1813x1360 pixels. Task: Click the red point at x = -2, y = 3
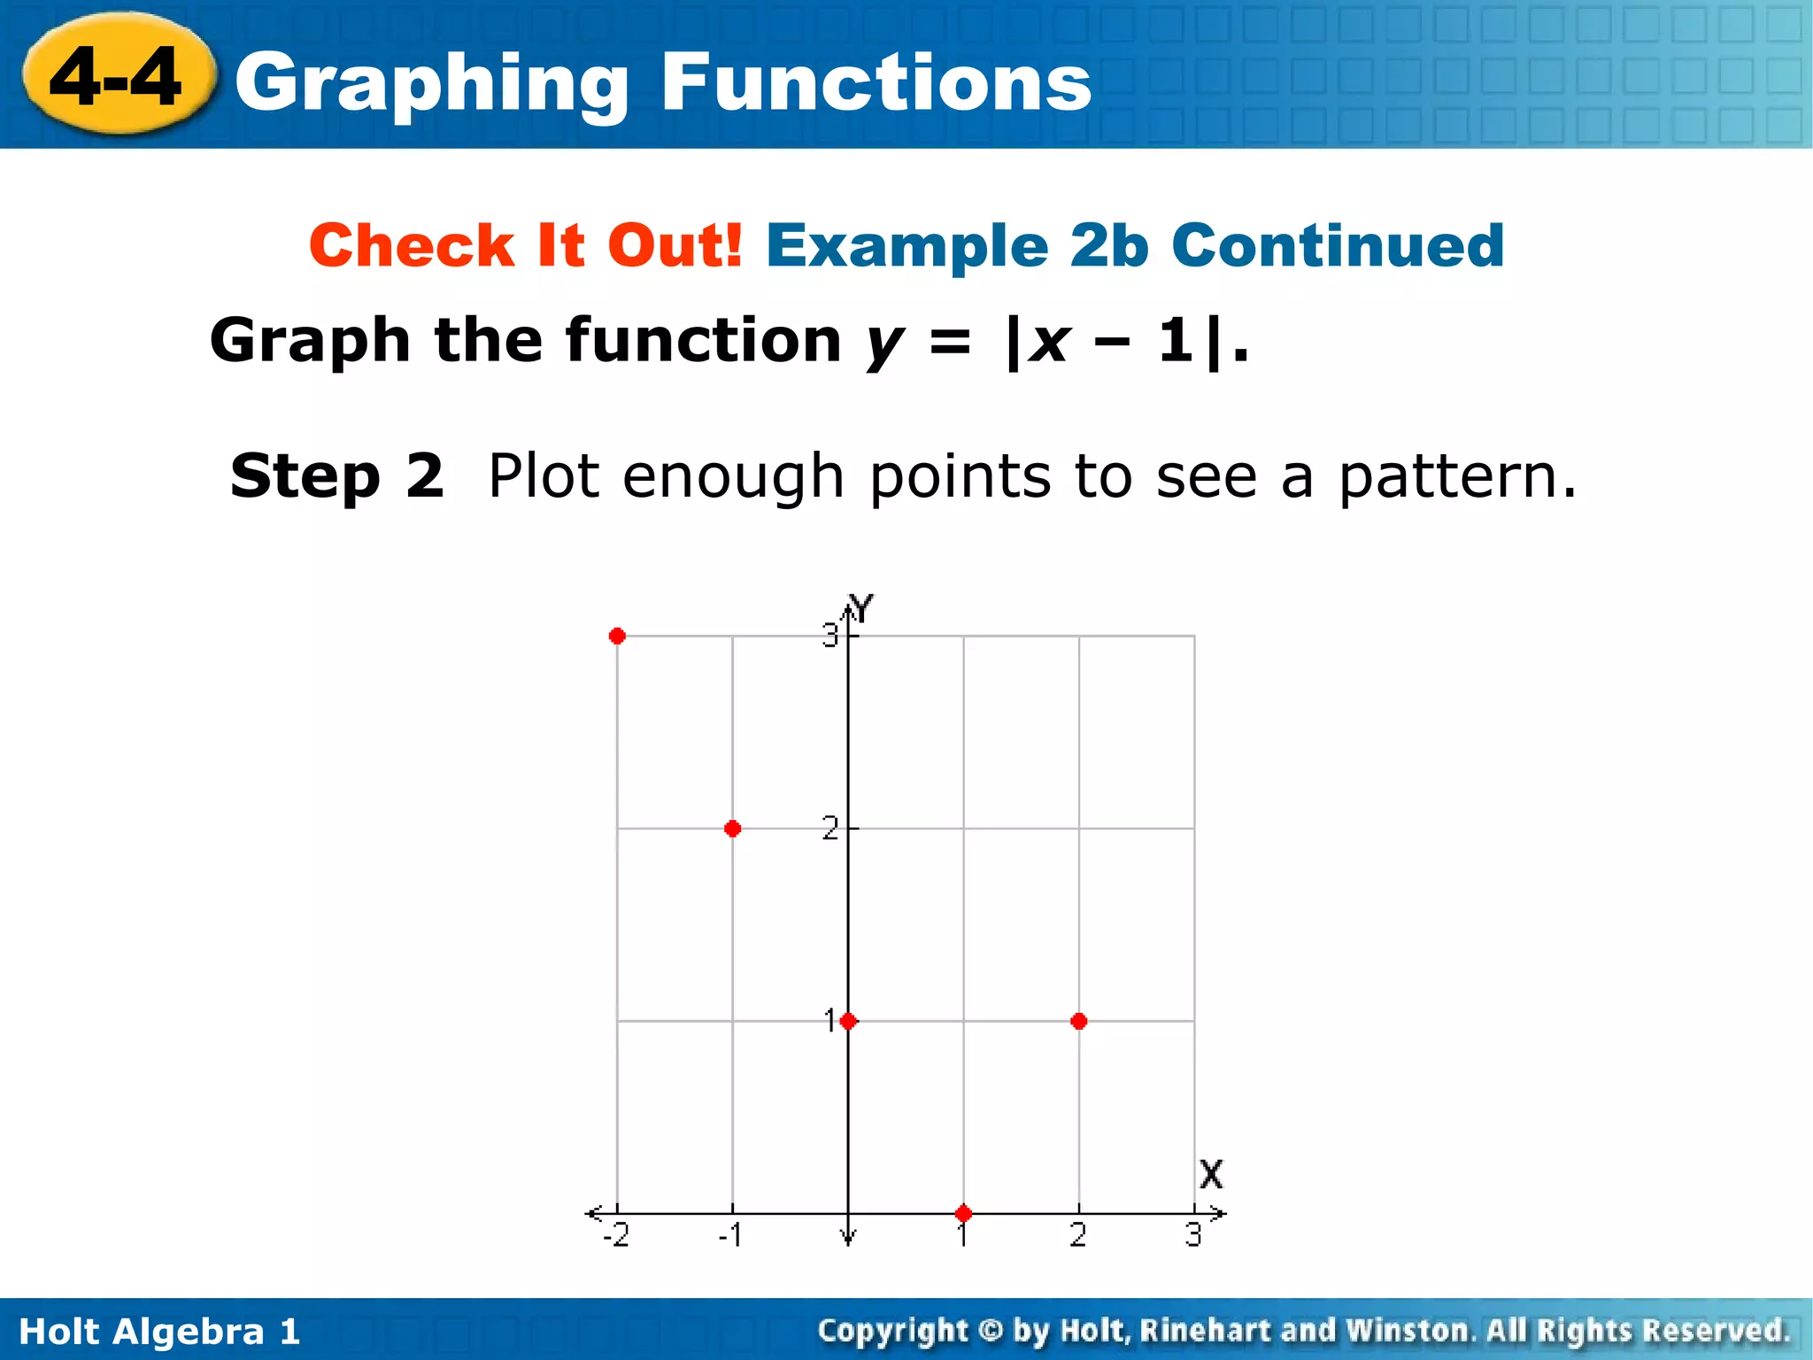pos(617,636)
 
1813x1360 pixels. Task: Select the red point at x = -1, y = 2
pos(732,829)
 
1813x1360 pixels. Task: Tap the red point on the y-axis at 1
pos(848,1022)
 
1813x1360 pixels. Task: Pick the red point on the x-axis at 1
pos(964,1213)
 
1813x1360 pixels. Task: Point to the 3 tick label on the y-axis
pos(829,635)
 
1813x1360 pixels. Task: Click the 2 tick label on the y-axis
pos(829,829)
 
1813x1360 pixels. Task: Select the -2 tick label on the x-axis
pos(616,1235)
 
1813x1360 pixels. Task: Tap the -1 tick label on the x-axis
pos(730,1235)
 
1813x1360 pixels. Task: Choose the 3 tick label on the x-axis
pos(1193,1235)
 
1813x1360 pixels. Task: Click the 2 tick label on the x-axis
pos(1078,1235)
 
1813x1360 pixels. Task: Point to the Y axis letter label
pos(860,609)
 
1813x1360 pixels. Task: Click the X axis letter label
pos(1211,1175)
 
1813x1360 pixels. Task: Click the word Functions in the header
pos(876,82)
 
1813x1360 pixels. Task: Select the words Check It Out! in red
pos(526,245)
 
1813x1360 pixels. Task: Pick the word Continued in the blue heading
pos(1338,245)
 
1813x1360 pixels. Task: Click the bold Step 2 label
pos(336,475)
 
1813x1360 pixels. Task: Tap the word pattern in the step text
pos(1456,477)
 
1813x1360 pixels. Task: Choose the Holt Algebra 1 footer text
pos(159,1332)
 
